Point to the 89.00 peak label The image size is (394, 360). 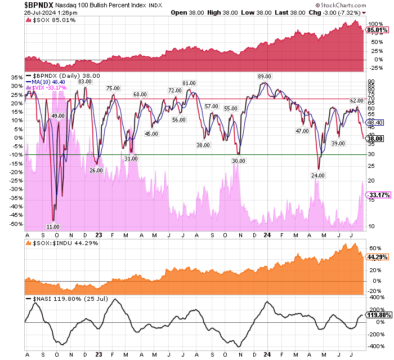264,76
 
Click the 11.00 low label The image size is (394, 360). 53,226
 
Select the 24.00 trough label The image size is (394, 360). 319,175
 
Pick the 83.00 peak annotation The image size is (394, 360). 85,81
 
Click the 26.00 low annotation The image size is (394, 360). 96,170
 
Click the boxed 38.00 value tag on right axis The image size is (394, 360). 375,137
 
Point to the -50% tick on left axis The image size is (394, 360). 17,224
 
